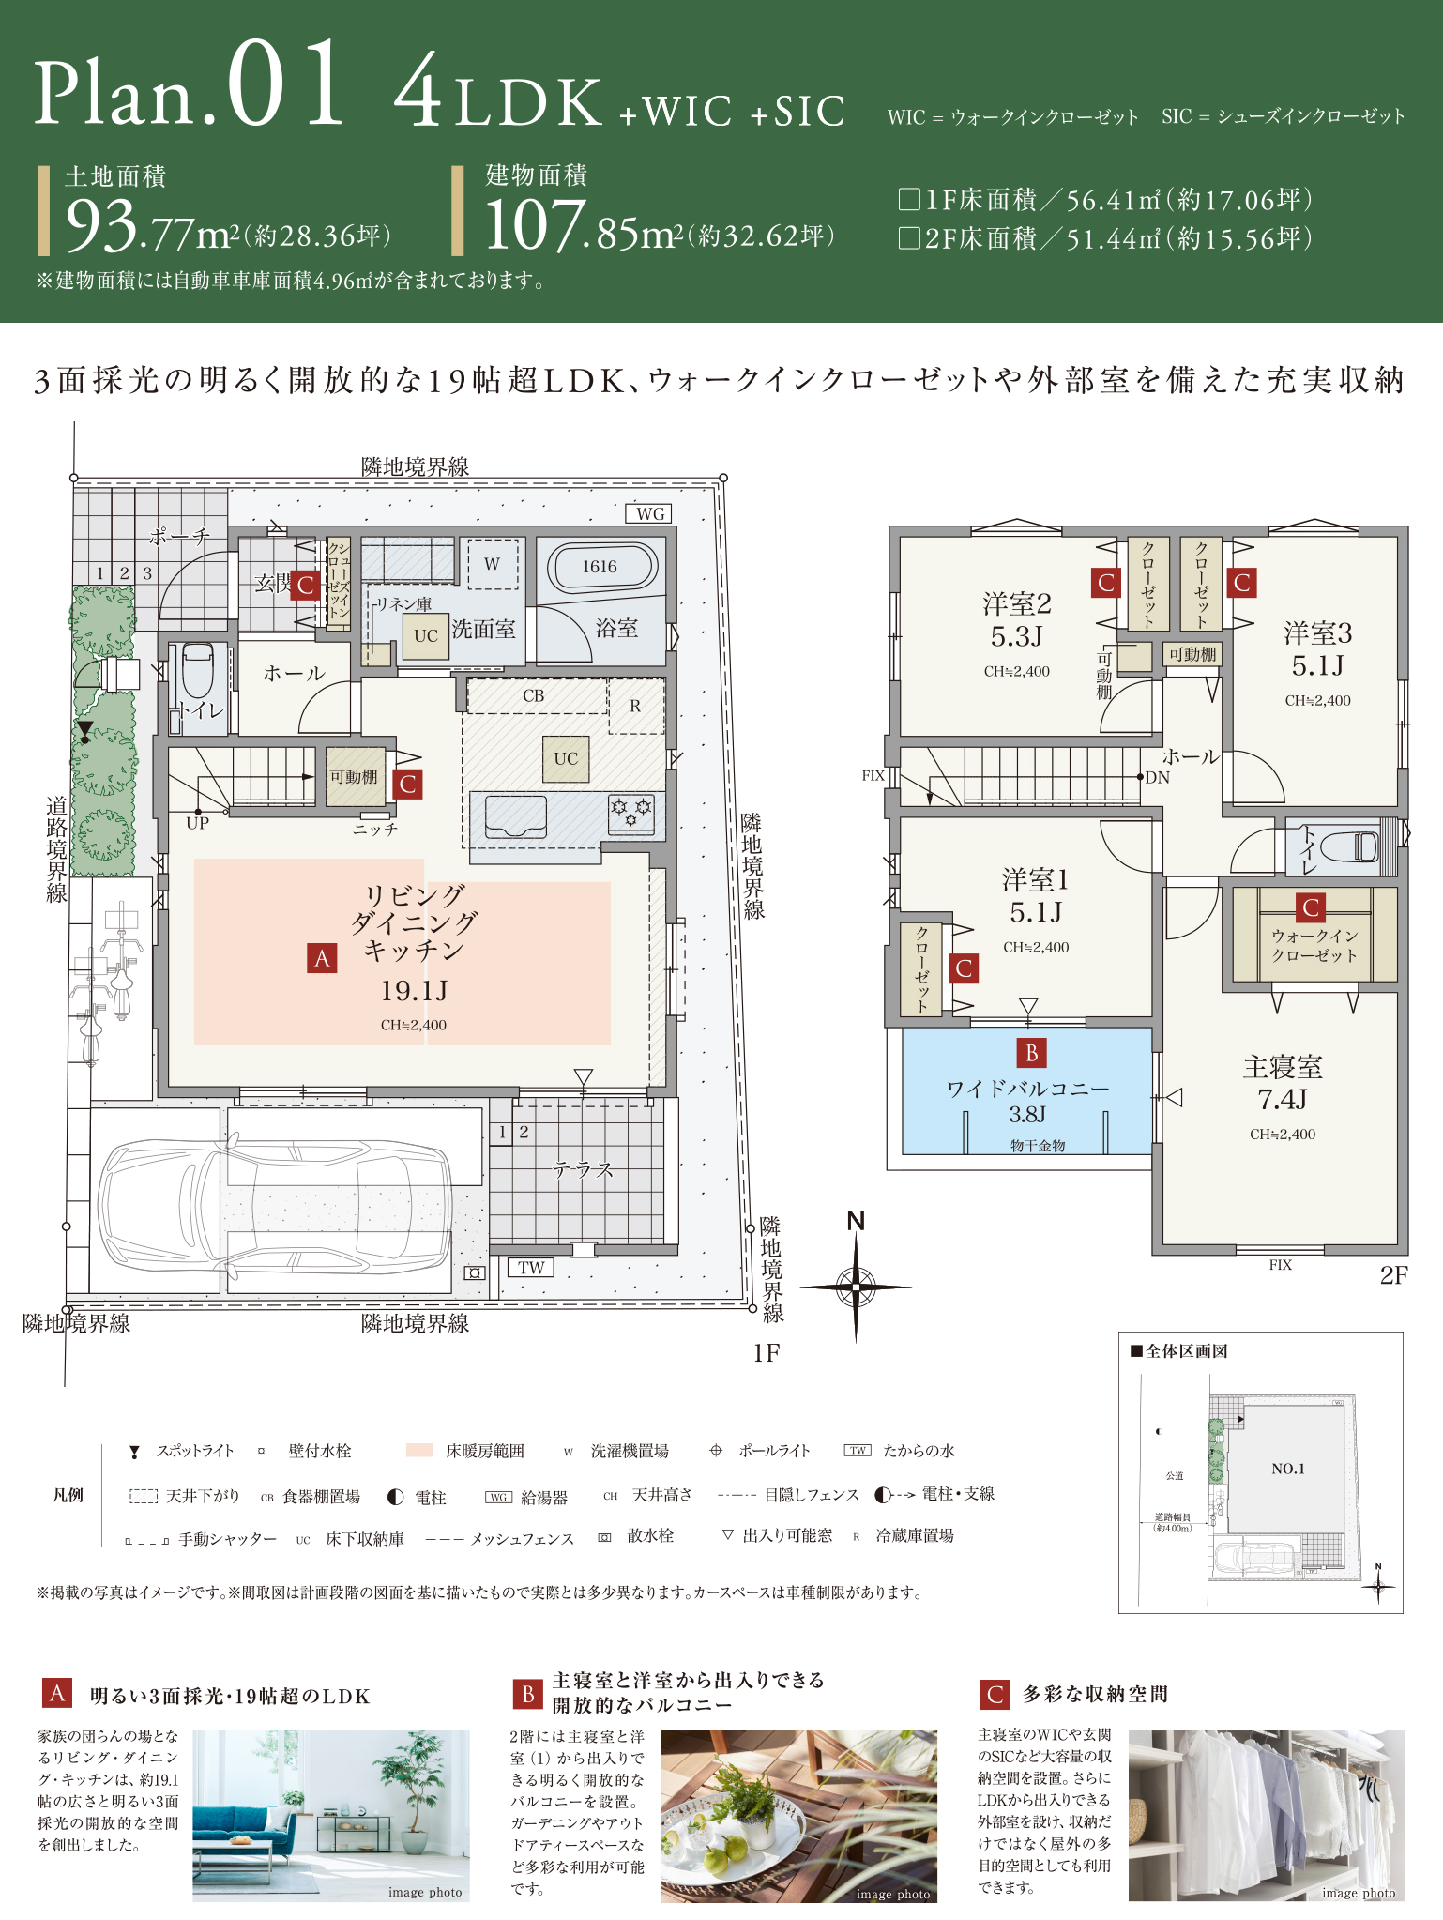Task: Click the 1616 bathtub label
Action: coord(599,567)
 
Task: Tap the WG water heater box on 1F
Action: coord(650,513)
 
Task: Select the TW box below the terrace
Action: coord(530,1267)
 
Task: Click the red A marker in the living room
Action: coord(322,958)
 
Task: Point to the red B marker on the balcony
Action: coord(1031,1053)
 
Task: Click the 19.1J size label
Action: coord(414,990)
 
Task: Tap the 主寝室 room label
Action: coord(1283,1067)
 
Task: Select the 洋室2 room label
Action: coord(1017,603)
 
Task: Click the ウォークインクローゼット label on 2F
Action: coord(1314,946)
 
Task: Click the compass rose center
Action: coord(856,1287)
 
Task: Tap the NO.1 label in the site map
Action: coord(1287,1469)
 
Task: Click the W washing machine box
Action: coord(492,564)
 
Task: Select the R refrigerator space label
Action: coord(635,706)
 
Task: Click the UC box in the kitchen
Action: coord(565,758)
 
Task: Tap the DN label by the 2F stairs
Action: coord(1157,778)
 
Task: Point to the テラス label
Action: coord(583,1169)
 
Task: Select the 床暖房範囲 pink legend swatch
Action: coord(418,1451)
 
